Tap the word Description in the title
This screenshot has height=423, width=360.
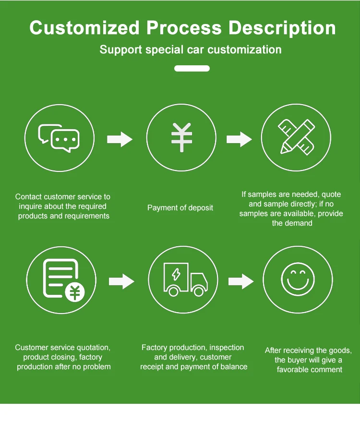click(x=282, y=28)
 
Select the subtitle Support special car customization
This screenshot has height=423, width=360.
click(x=191, y=49)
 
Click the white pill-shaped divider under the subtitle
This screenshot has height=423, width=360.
click(x=192, y=69)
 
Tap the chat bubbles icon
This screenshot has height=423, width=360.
click(x=59, y=138)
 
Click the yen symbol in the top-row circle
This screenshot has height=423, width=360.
click(x=181, y=137)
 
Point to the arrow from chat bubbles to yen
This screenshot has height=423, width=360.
click(x=120, y=139)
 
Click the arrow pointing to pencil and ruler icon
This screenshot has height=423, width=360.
click(x=239, y=139)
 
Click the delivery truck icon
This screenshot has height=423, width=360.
click(x=185, y=279)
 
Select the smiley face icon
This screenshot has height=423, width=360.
click(x=298, y=279)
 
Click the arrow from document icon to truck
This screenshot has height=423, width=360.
click(x=121, y=281)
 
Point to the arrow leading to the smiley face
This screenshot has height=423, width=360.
click(x=240, y=281)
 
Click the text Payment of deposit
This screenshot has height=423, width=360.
click(x=180, y=208)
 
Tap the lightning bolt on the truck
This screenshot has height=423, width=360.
click(x=177, y=275)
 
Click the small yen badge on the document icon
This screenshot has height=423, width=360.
click(x=74, y=291)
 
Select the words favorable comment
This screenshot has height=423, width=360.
click(x=310, y=370)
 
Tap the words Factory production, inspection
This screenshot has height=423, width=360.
click(x=192, y=348)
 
